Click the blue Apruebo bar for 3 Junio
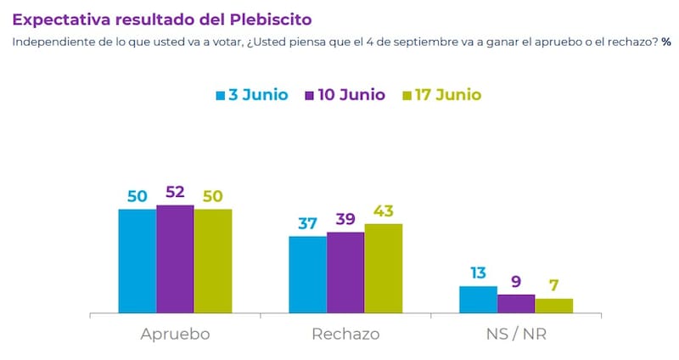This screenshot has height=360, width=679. pyautogui.click(x=137, y=261)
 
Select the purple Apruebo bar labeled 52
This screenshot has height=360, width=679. pyautogui.click(x=175, y=259)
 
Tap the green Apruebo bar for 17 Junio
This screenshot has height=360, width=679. pyautogui.click(x=213, y=261)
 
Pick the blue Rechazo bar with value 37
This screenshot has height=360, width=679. pyautogui.click(x=307, y=274)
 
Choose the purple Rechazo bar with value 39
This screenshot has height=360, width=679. pyautogui.click(x=345, y=273)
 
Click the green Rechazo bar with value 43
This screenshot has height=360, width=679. pyautogui.click(x=384, y=268)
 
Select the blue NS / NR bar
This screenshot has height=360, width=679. pyautogui.click(x=478, y=300)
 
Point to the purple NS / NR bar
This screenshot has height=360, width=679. pyautogui.click(x=516, y=304)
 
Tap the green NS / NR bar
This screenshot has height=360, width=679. pyautogui.click(x=554, y=306)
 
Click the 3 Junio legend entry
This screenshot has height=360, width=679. pyautogui.click(x=252, y=94)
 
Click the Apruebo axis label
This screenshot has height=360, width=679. pyautogui.click(x=175, y=334)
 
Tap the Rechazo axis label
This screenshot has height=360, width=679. pyautogui.click(x=345, y=334)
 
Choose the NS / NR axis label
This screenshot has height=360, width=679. pyautogui.click(x=516, y=334)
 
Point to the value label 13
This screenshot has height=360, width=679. pyautogui.click(x=478, y=273)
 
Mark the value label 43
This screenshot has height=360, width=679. pyautogui.click(x=384, y=211)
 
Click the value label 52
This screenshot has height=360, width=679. pyautogui.click(x=175, y=192)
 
